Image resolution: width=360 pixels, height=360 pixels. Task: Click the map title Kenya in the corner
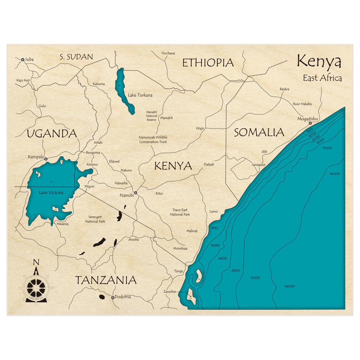[x=319, y=62]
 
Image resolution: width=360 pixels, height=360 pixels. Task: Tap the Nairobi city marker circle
[x=136, y=193]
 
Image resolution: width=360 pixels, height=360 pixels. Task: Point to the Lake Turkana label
[x=140, y=95]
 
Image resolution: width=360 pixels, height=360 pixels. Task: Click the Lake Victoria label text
[x=51, y=193]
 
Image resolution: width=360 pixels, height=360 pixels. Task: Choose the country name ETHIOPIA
[x=208, y=63]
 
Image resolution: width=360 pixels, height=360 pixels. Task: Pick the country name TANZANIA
[x=105, y=280]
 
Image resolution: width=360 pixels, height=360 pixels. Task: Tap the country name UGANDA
[x=52, y=134]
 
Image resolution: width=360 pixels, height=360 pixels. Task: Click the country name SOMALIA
[x=259, y=132]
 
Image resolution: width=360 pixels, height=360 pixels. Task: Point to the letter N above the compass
[x=36, y=262]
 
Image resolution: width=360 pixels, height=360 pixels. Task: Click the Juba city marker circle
[x=23, y=59]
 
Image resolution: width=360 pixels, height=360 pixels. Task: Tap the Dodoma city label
[x=122, y=297]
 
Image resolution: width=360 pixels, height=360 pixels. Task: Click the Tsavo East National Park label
[x=180, y=212]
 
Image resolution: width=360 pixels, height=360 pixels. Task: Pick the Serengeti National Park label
[x=95, y=219]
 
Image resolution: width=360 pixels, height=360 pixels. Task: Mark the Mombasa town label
[x=180, y=248]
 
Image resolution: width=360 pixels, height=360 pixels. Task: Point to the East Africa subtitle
[x=322, y=78]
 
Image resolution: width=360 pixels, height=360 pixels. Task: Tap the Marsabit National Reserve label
[x=152, y=116]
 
